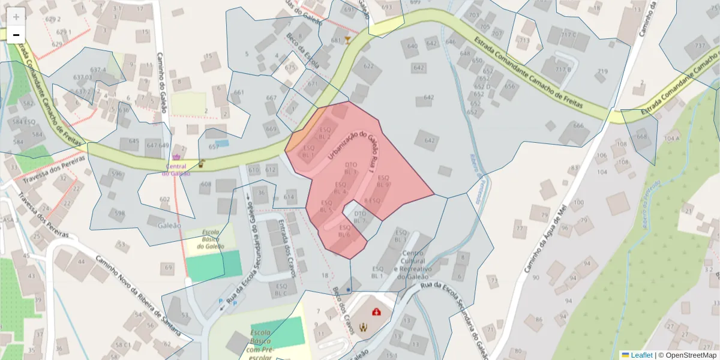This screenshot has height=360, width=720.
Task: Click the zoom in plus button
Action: click(x=16, y=17)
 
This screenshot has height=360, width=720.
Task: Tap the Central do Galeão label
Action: click(x=176, y=170)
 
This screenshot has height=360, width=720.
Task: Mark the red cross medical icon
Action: click(x=376, y=312)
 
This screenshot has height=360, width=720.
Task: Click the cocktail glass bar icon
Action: click(x=347, y=40)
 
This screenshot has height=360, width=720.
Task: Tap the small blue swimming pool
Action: click(x=222, y=144)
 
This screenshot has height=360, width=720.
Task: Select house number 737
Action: click(x=700, y=46)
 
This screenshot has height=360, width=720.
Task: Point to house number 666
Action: click(x=578, y=125)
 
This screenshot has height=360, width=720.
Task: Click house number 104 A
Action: click(x=672, y=139)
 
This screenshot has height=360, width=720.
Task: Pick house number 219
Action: click(x=602, y=72)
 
